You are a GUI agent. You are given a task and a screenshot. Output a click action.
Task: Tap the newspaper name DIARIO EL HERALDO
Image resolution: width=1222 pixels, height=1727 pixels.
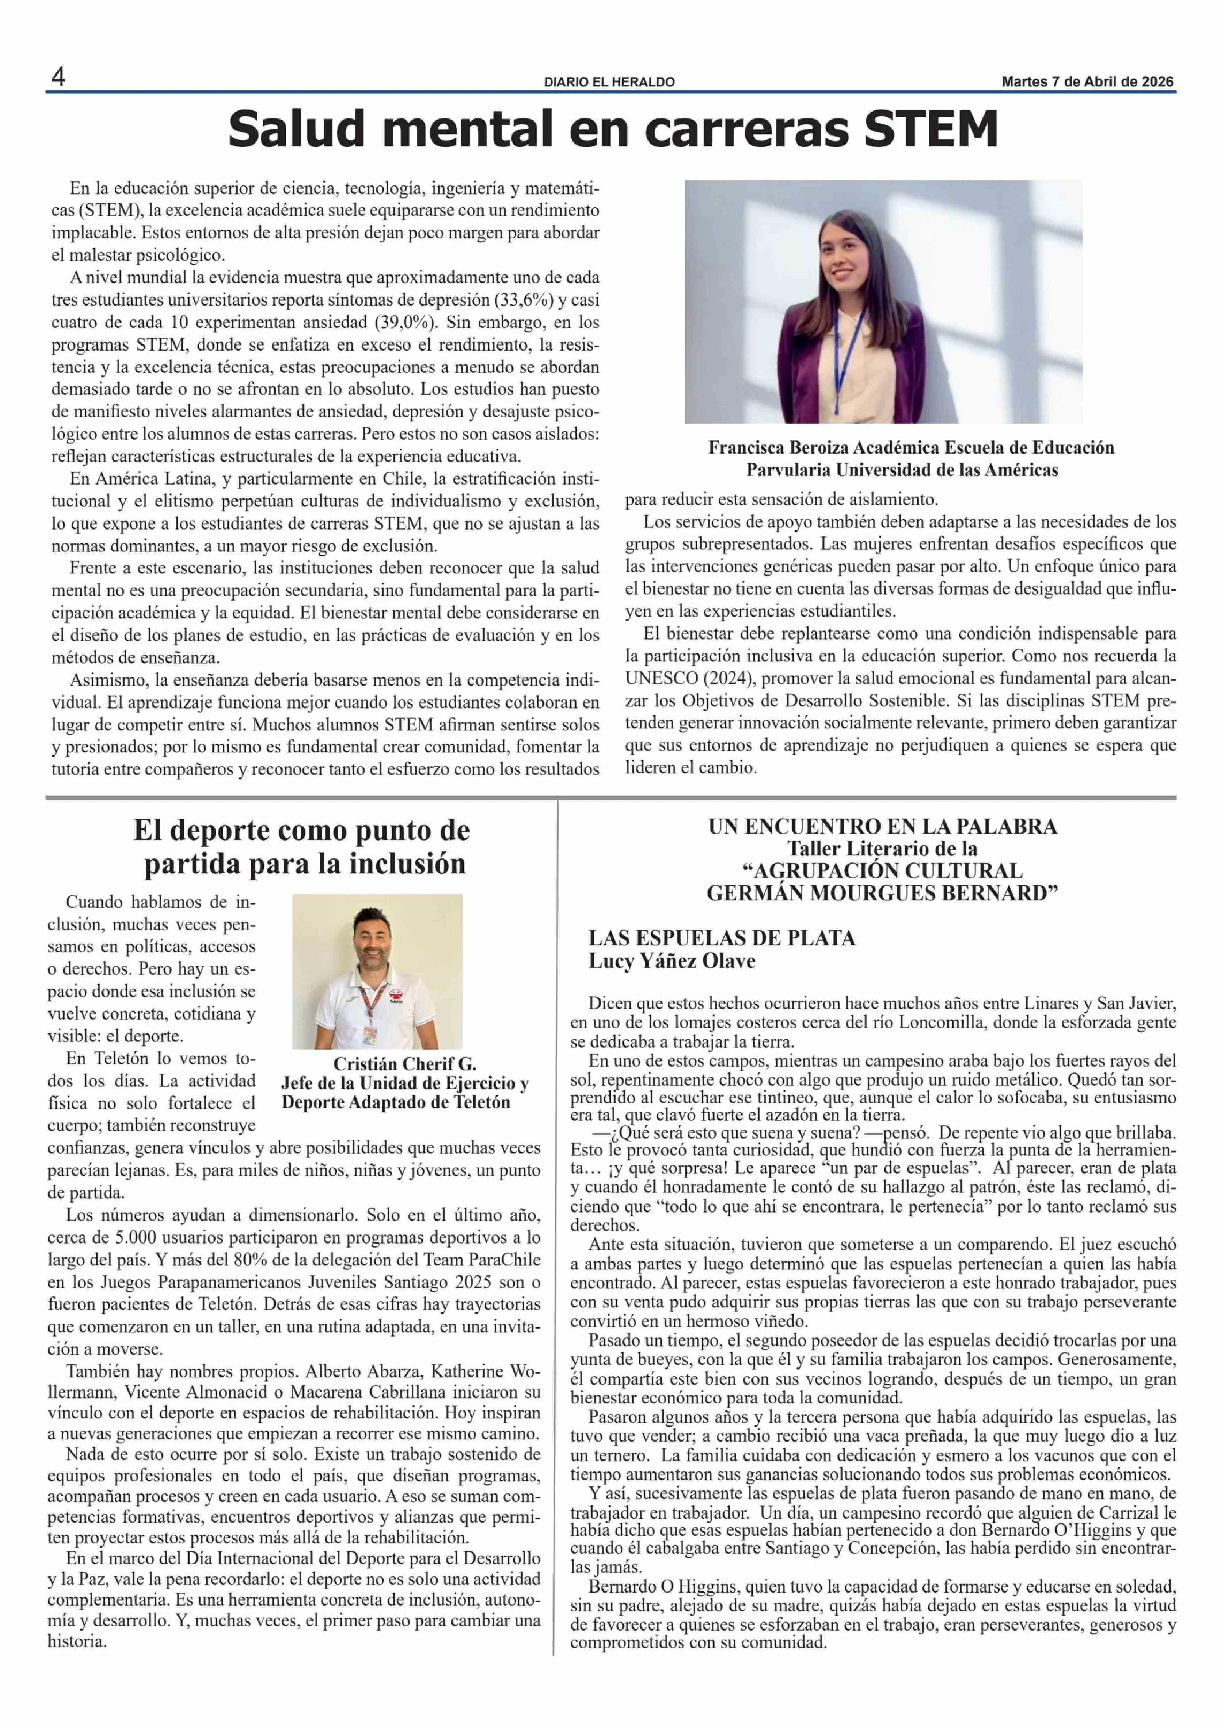(x=610, y=82)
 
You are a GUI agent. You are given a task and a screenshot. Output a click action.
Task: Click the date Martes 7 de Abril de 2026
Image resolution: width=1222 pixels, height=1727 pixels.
(x=1087, y=82)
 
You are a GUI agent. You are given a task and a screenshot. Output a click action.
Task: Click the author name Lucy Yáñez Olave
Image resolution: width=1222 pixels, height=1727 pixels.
(x=672, y=961)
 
